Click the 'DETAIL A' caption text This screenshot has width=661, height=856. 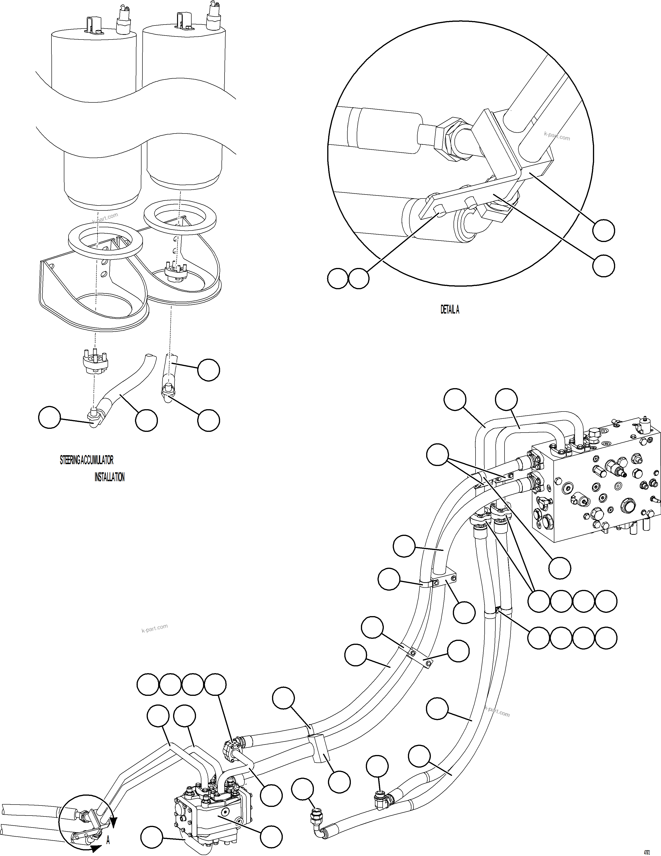pyautogui.click(x=450, y=310)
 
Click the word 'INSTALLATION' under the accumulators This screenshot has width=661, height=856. pyautogui.click(x=109, y=477)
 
